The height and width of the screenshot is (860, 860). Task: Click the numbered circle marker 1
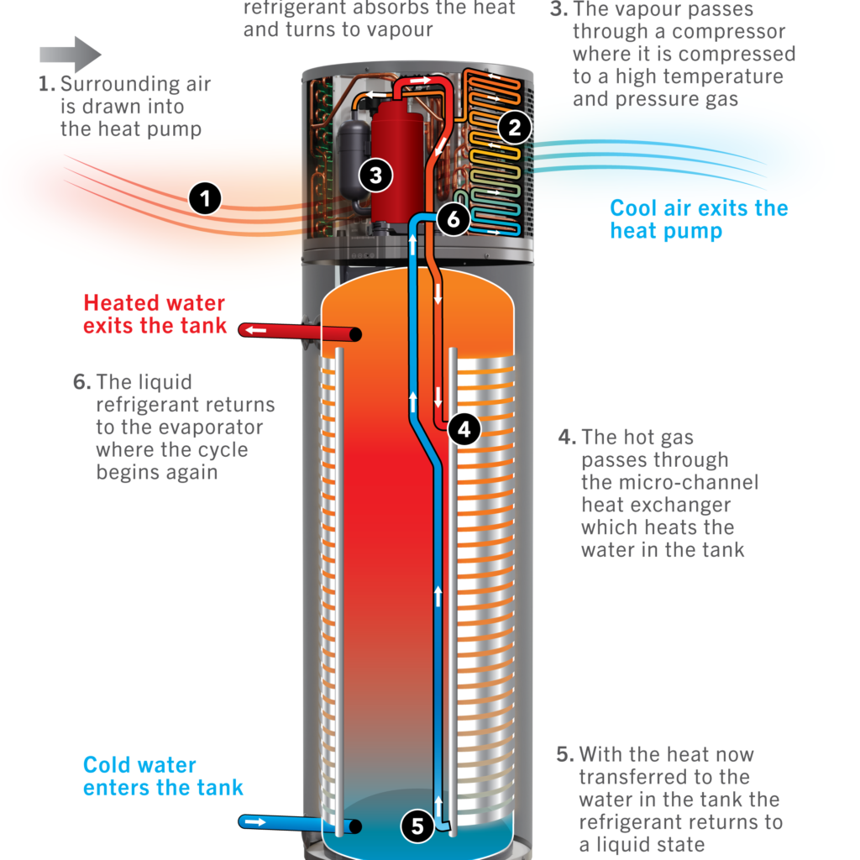(205, 198)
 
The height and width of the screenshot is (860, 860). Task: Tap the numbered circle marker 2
(515, 128)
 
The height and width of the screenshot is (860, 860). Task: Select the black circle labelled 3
(375, 176)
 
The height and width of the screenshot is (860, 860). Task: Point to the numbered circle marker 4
(464, 429)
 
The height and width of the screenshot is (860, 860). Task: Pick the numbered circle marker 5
(417, 826)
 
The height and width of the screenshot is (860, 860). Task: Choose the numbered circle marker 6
(453, 219)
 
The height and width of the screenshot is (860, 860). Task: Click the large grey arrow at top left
(71, 55)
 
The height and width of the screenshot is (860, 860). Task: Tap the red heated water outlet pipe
(300, 332)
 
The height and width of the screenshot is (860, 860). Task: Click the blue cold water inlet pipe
(300, 824)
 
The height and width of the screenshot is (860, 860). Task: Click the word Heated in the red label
(122, 302)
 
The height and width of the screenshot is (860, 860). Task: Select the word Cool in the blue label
(633, 208)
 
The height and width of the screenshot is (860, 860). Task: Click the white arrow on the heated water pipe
(255, 330)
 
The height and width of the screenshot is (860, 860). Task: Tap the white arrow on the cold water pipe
(254, 821)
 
